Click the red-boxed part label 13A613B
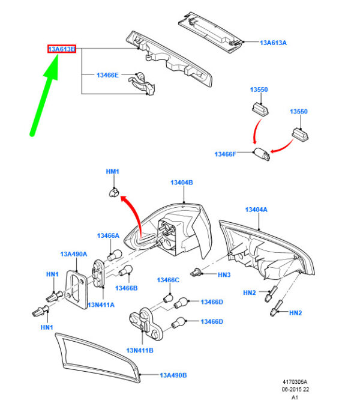pyautogui.click(x=62, y=49)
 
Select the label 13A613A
pyautogui.click(x=273, y=43)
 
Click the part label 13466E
pyautogui.click(x=107, y=75)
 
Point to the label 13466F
pyautogui.click(x=225, y=154)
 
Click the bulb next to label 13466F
pyautogui.click(x=262, y=154)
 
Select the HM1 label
pyautogui.click(x=112, y=171)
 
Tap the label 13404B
pyautogui.click(x=182, y=183)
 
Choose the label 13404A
pyautogui.click(x=256, y=210)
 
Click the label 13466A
pyautogui.click(x=108, y=235)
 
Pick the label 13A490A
pyautogui.click(x=74, y=254)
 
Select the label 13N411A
pyautogui.click(x=101, y=305)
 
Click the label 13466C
pyautogui.click(x=168, y=280)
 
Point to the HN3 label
pyautogui.click(x=224, y=274)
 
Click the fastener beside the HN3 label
pyautogui.click(x=196, y=273)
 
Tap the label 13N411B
pyautogui.click(x=140, y=351)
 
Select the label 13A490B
pyautogui.click(x=173, y=375)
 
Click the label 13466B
pyautogui.click(x=127, y=288)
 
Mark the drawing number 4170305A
pyautogui.click(x=295, y=382)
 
